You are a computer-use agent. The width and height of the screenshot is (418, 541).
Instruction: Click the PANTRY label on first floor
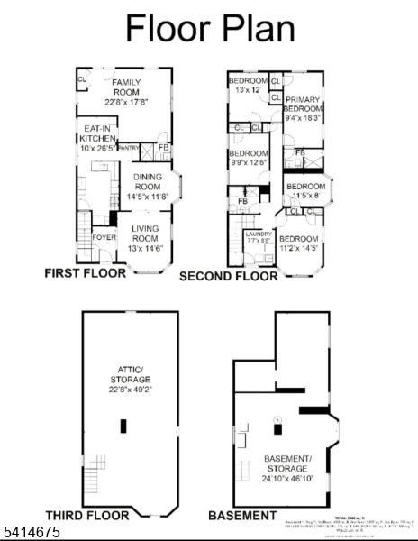coord(129,147)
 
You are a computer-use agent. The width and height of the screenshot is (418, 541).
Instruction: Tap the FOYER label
coord(104,239)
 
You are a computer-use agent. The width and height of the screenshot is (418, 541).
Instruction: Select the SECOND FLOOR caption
coord(229,276)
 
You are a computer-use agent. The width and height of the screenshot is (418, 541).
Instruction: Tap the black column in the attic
coord(124,426)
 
